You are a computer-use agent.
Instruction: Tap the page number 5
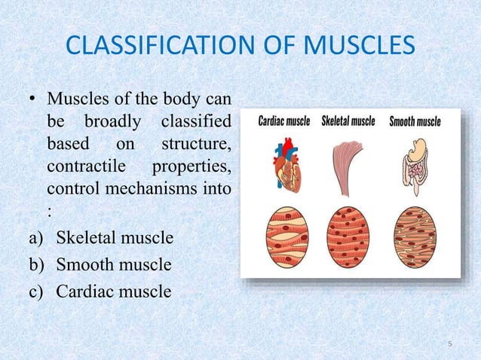(x=450, y=344)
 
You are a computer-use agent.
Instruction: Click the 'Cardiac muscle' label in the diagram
(x=284, y=121)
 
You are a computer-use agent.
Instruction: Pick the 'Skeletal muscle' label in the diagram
(x=348, y=121)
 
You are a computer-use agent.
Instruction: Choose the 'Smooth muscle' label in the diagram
(x=415, y=121)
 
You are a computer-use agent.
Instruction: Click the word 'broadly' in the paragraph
(x=112, y=121)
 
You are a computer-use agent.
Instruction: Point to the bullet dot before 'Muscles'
(x=32, y=100)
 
